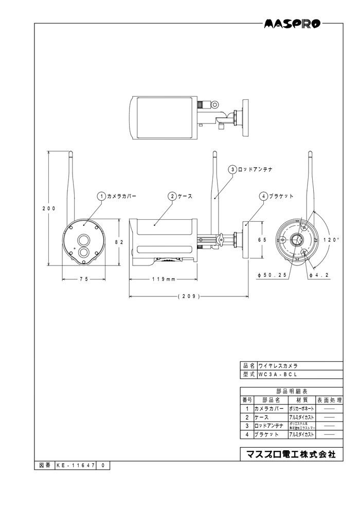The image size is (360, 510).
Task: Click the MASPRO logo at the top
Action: click(292, 23)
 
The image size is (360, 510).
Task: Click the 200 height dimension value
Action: click(49, 208)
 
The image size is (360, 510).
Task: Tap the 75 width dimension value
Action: click(84, 278)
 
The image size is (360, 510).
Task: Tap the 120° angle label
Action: click(332, 240)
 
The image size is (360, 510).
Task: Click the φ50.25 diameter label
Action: click(272, 275)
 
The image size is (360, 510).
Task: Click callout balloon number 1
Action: click(101, 196)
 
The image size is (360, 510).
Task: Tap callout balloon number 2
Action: click(172, 196)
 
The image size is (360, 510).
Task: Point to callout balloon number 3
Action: click(232, 169)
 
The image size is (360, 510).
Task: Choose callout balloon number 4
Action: click(263, 196)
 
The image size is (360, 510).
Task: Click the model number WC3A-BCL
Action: click(278, 374)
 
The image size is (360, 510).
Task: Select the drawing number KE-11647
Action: click(74, 465)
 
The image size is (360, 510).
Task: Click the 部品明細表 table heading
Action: click(291, 391)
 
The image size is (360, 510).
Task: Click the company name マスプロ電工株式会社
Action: click(291, 454)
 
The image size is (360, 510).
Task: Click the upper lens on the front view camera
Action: click(83, 239)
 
